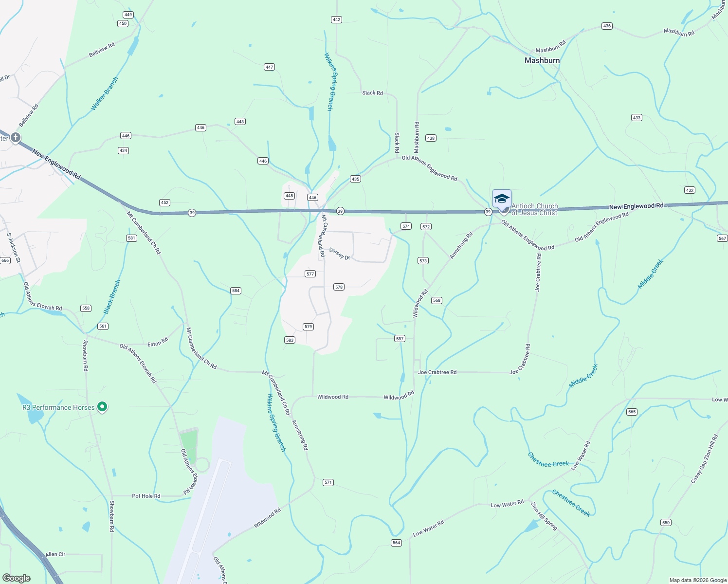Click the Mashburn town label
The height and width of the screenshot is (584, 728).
(x=542, y=60)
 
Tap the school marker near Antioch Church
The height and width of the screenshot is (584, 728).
(x=502, y=199)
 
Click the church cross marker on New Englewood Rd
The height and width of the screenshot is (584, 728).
(x=16, y=138)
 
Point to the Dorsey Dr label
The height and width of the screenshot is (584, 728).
(x=340, y=254)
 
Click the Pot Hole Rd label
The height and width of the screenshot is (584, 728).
(x=146, y=496)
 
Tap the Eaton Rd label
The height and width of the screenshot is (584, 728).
(x=158, y=343)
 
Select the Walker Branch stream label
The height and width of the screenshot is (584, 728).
(x=105, y=93)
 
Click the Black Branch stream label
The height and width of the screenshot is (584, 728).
(x=112, y=296)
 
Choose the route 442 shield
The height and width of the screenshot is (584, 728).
(x=336, y=20)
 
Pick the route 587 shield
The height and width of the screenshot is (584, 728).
(x=400, y=339)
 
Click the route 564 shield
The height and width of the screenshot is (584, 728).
(x=396, y=543)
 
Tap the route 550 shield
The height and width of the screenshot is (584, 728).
(x=666, y=523)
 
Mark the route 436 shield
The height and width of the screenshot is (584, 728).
(x=606, y=26)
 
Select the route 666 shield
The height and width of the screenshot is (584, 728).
(x=5, y=260)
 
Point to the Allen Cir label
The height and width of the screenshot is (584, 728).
(x=55, y=554)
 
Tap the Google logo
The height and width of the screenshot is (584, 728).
(x=17, y=578)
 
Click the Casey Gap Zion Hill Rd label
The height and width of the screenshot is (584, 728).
(x=705, y=459)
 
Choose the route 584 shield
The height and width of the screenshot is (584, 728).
(x=236, y=291)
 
